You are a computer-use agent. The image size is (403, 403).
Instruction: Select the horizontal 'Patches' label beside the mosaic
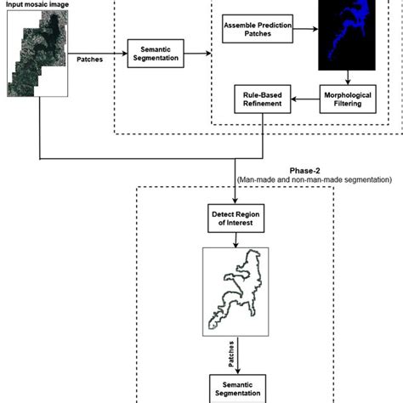[91, 61]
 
